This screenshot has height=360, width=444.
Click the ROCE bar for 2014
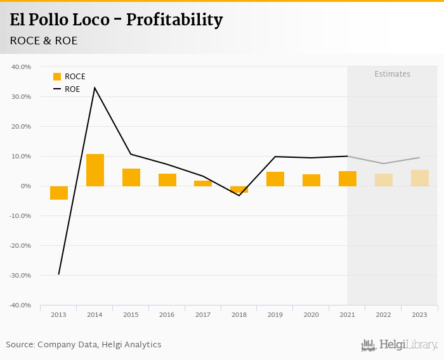[x=95, y=170]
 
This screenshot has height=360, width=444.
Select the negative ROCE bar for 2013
[x=59, y=193]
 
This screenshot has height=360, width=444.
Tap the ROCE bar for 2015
[x=131, y=177]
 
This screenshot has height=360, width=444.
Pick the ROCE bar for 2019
[x=275, y=179]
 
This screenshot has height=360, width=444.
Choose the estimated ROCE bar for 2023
[x=419, y=178]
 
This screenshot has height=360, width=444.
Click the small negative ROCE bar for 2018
[x=239, y=189]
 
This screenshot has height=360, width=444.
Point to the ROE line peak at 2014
[x=95, y=87]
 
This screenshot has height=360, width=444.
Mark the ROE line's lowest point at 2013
[x=59, y=274]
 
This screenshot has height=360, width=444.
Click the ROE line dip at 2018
[x=239, y=195]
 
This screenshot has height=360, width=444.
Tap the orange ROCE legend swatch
[x=57, y=77]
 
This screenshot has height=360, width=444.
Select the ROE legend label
[x=72, y=89]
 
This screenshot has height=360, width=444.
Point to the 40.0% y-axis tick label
[x=21, y=67]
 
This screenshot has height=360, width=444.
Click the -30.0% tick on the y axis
[x=20, y=276]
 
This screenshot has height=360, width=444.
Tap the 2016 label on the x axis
[x=167, y=314]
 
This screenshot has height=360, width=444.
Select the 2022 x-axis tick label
[x=383, y=314]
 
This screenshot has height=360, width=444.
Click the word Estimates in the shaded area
[x=392, y=74]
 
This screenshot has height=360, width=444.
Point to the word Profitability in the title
[x=174, y=20]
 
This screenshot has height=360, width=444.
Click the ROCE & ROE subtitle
[x=44, y=41]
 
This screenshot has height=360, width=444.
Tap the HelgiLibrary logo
[x=399, y=345]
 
